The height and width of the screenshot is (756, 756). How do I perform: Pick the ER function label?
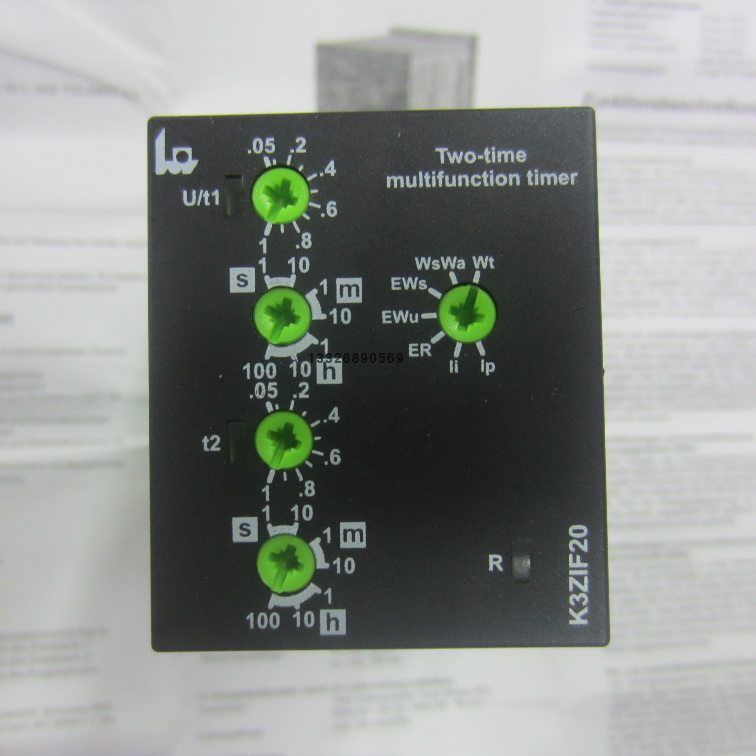pyautogui.click(x=420, y=349)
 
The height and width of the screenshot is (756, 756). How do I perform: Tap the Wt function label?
pyautogui.click(x=484, y=263)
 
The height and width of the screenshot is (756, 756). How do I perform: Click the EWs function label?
pyautogui.click(x=409, y=285)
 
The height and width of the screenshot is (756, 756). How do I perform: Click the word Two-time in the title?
pyautogui.click(x=481, y=156)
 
